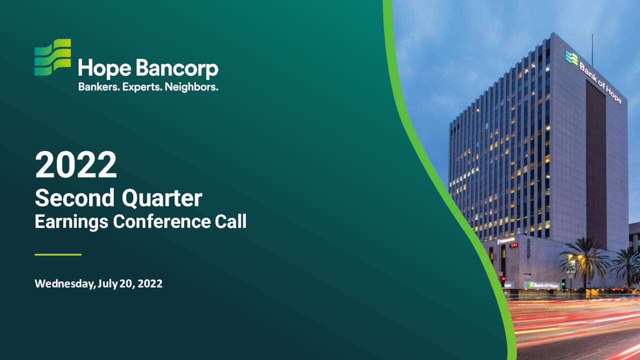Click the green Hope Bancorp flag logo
[52, 57]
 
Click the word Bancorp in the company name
[177, 69]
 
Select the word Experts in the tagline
[141, 86]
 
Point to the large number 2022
[75, 165]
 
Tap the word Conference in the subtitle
[161, 221]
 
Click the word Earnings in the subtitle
[71, 221]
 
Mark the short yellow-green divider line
[58, 254]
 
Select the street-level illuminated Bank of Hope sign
[542, 285]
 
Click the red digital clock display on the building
[513, 245]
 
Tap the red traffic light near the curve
[503, 279]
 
